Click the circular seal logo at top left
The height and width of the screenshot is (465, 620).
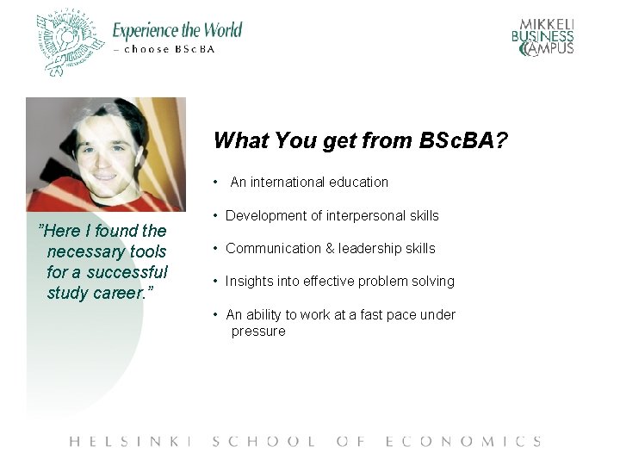click(70, 43)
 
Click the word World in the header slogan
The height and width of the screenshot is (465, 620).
click(215, 31)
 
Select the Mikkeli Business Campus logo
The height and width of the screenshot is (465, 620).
click(542, 37)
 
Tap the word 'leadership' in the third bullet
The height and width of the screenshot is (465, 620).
click(369, 249)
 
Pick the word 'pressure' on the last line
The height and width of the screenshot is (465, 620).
click(257, 332)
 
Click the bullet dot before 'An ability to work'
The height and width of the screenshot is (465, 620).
click(216, 315)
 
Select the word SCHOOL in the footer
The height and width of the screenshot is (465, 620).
click(263, 442)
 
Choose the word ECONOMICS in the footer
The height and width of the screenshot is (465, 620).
click(463, 442)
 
